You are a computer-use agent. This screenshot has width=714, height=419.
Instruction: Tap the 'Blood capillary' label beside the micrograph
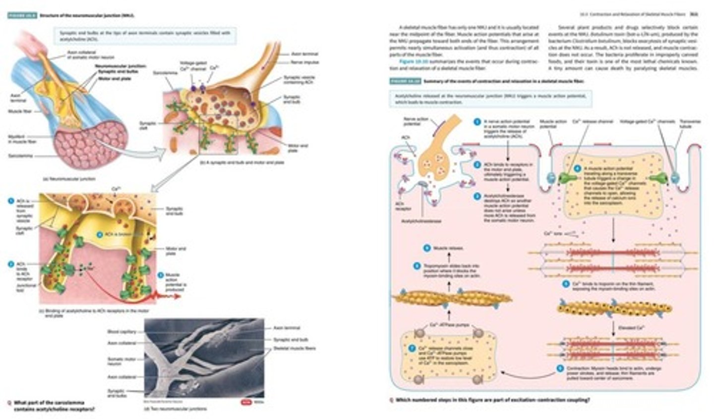click(x=121, y=331)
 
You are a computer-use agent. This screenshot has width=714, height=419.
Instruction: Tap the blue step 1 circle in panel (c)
click(x=10, y=201)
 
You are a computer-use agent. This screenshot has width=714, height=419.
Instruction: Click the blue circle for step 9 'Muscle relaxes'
click(x=426, y=247)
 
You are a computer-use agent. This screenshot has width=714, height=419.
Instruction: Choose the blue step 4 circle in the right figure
click(x=577, y=168)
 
